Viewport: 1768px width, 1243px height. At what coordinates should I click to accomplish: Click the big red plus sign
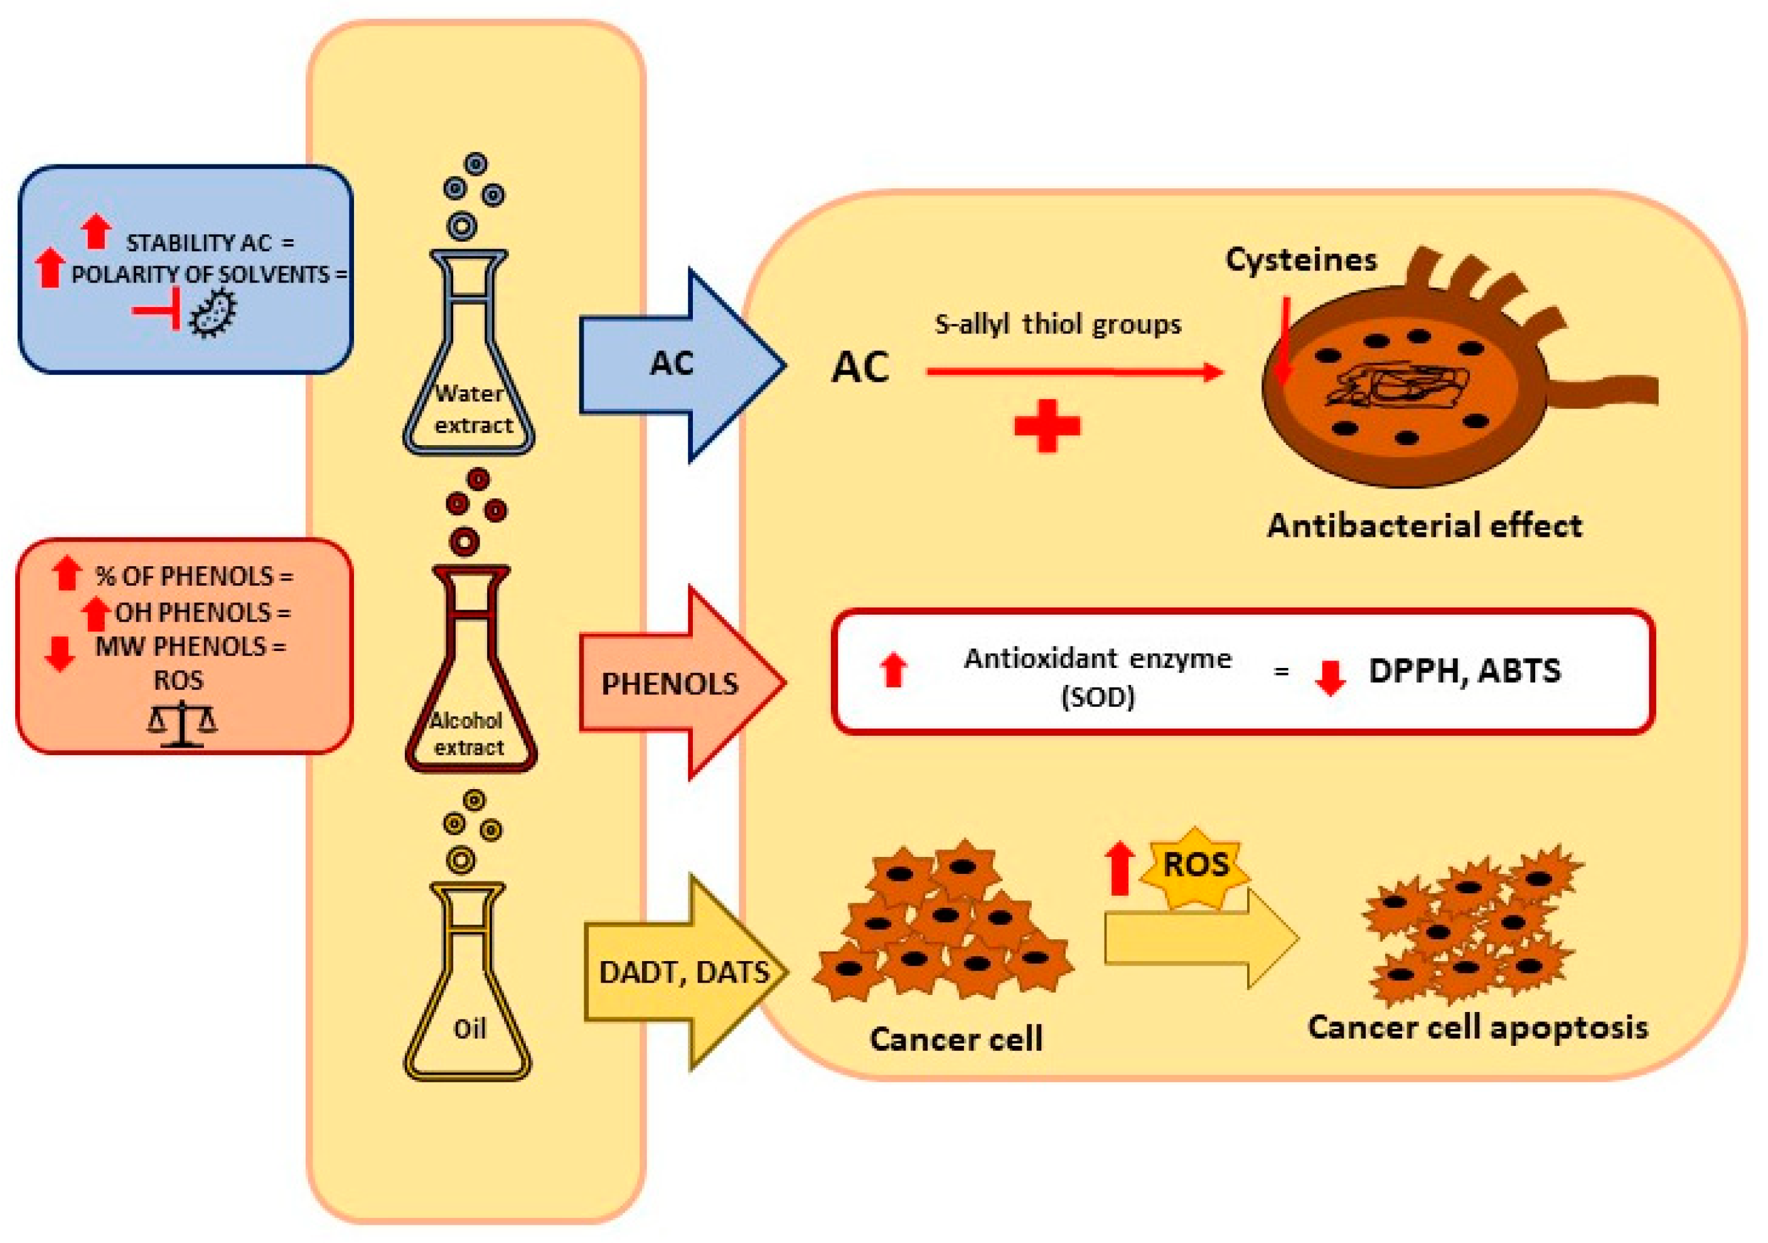click(1047, 425)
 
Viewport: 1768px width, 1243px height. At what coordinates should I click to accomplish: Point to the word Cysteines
click(1300, 259)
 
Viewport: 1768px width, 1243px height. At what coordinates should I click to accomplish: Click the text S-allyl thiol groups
click(1058, 324)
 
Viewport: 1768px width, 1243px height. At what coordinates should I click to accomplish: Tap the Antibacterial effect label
click(1425, 526)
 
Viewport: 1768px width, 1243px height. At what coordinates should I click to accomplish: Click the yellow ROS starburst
click(1195, 866)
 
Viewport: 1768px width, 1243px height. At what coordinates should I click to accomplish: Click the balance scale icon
click(183, 723)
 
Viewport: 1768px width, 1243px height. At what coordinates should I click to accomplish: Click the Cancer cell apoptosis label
click(1477, 1026)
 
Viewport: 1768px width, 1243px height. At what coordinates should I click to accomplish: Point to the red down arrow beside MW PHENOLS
click(59, 653)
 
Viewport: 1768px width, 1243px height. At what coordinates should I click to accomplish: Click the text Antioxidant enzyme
click(1097, 659)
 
